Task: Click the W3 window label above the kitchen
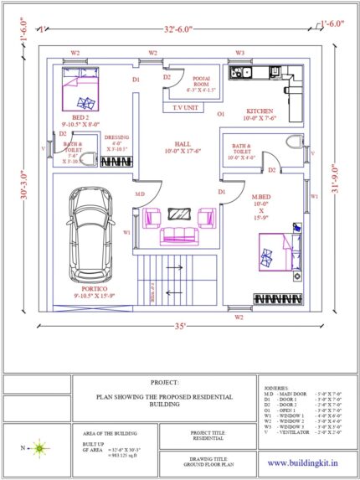pyautogui.click(x=239, y=53)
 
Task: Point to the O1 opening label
pyautogui.click(x=221, y=112)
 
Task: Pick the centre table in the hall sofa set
pyautogui.click(x=178, y=213)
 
